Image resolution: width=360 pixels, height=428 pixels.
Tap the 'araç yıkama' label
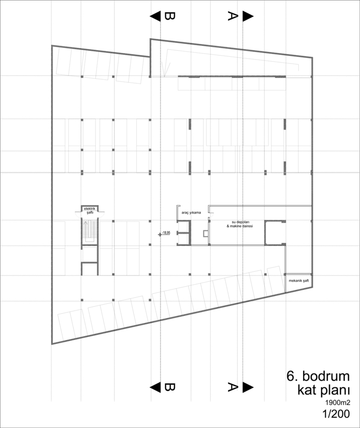(191, 212)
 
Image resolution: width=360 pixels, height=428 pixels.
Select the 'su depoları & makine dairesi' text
(239, 224)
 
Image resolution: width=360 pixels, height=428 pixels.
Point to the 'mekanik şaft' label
(298, 280)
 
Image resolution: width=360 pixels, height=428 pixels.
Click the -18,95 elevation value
(166, 232)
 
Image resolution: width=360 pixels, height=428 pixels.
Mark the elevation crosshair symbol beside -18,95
(159, 235)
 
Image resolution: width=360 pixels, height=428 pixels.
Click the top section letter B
(169, 16)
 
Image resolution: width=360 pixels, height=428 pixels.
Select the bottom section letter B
(169, 387)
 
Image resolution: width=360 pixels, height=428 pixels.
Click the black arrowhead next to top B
(156, 16)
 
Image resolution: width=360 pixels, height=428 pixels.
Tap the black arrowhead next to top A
(248, 16)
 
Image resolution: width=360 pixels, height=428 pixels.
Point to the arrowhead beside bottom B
(156, 387)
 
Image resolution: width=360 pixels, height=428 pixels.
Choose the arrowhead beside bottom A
(248, 387)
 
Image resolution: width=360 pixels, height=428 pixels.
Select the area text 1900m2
(337, 403)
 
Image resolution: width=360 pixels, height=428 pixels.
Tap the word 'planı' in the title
(335, 391)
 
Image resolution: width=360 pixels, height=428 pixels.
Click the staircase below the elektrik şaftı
(89, 232)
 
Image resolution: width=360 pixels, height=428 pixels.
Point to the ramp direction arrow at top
(166, 69)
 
